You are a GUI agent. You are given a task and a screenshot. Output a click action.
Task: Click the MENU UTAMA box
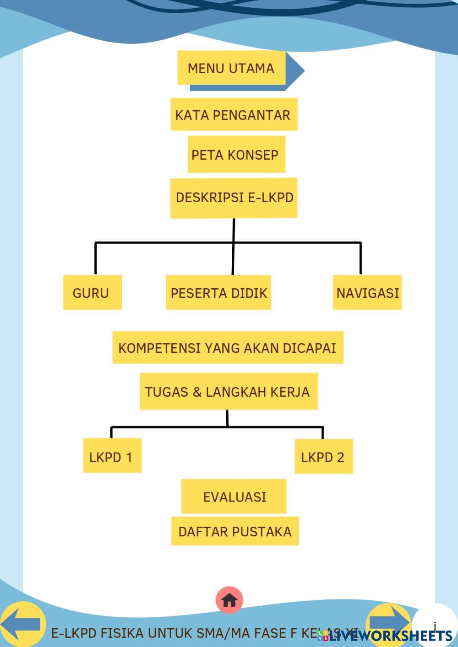[231, 68]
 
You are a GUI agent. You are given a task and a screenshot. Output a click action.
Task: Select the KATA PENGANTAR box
[234, 114]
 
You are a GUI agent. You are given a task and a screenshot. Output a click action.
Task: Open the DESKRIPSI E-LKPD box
[234, 198]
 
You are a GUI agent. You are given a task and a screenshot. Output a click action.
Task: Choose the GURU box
[92, 292]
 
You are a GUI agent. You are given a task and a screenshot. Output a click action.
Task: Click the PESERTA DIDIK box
[218, 292]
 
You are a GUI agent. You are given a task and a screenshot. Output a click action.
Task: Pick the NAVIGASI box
[367, 292]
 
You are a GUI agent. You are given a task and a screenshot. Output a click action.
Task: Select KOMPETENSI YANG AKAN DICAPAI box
[228, 348]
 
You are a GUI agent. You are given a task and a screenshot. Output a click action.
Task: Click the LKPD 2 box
[323, 457]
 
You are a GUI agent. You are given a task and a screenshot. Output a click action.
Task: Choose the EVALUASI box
[234, 496]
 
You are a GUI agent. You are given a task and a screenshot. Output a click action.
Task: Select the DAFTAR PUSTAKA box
[235, 531]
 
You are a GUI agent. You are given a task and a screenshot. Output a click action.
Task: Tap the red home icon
[229, 600]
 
